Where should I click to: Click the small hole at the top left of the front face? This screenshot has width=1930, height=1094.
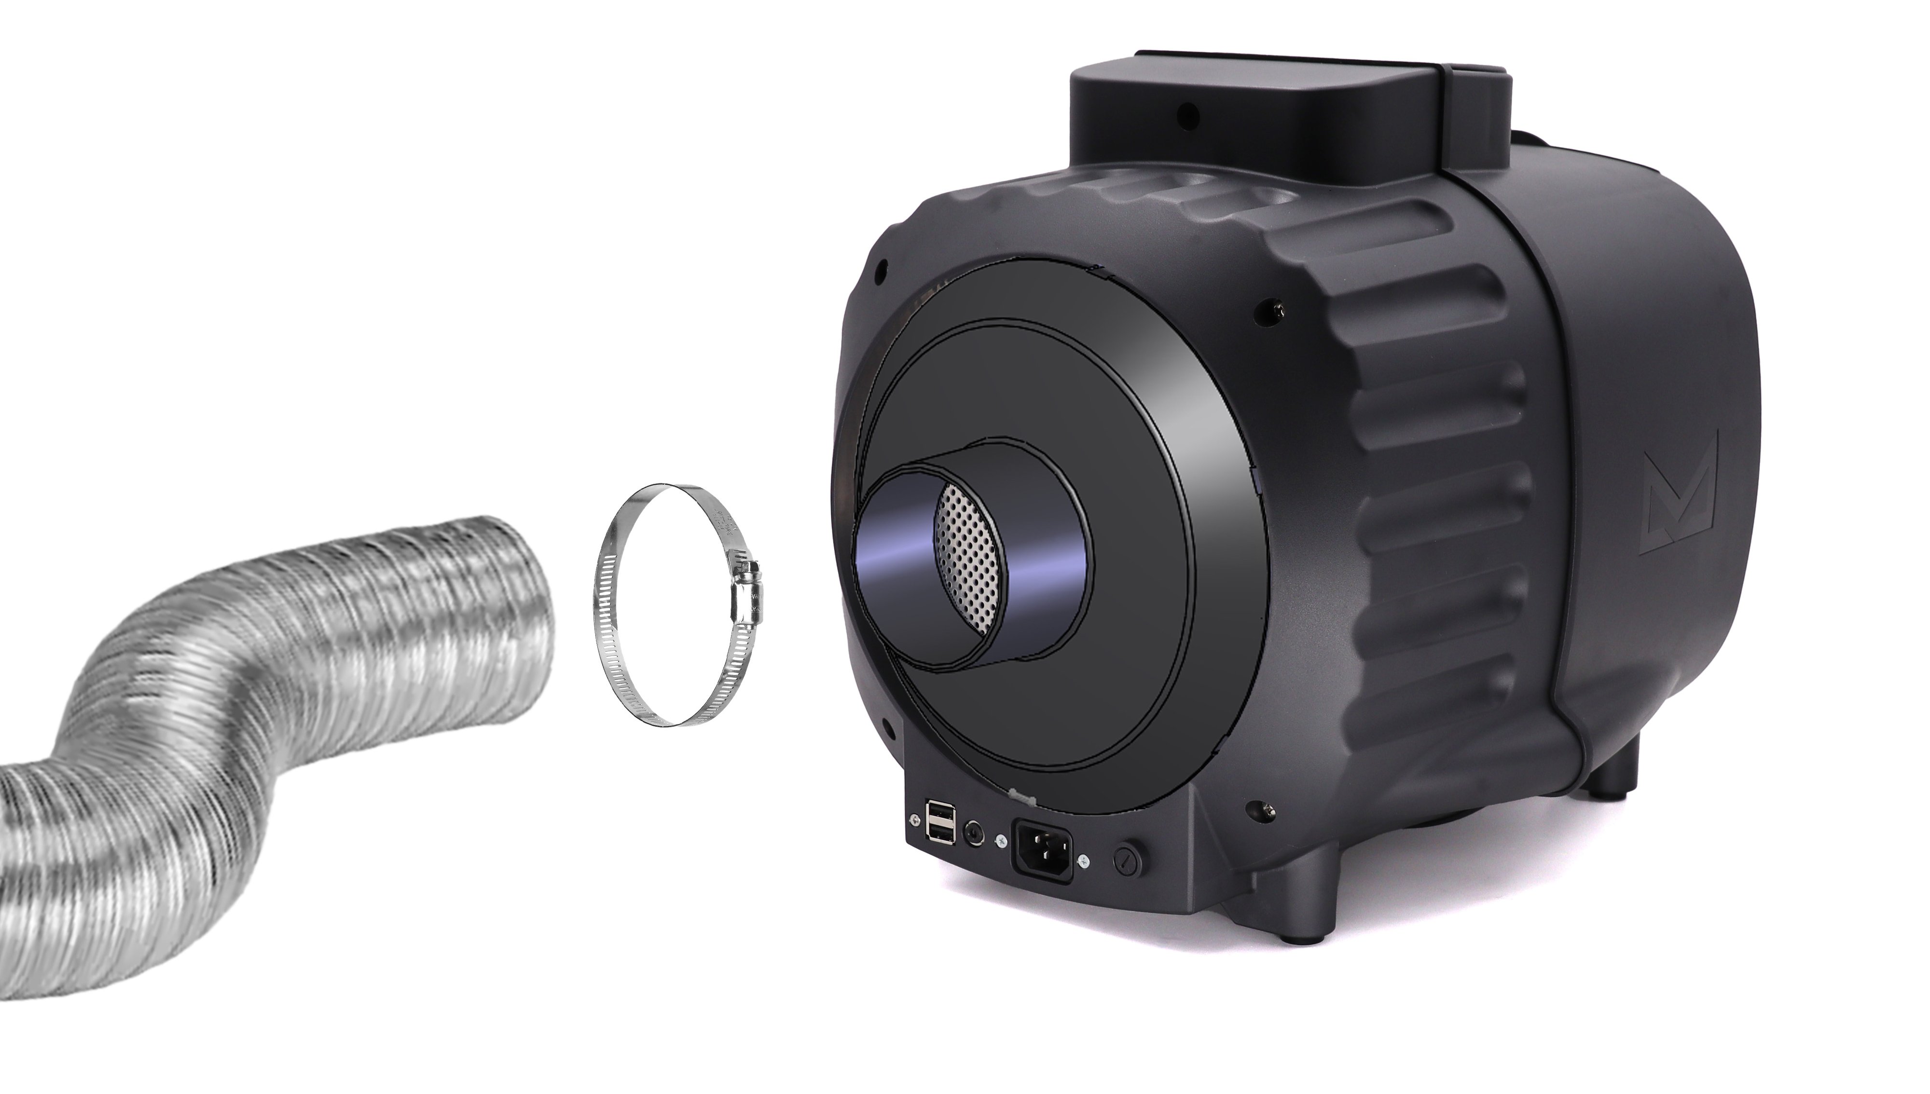tap(881, 265)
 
